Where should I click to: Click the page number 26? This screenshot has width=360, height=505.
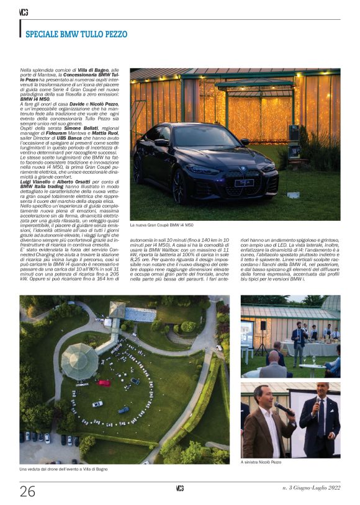(27, 491)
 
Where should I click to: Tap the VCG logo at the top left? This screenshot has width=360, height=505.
(24, 12)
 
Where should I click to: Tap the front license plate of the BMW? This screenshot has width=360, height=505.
(243, 182)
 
